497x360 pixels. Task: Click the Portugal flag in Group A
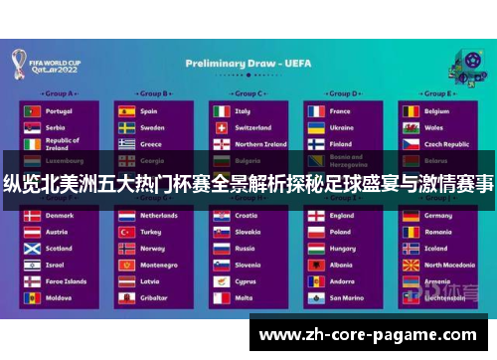coord(32,111)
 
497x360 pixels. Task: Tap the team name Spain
coord(149,111)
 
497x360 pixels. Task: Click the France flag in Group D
coord(315,111)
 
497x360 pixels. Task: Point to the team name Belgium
coord(437,111)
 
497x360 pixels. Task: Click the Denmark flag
coord(32,215)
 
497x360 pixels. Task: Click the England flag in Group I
coord(315,215)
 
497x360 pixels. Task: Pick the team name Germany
coord(438,215)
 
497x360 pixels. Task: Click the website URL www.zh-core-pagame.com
coord(367,334)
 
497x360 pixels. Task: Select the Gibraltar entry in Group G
coord(153,297)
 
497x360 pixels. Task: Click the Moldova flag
coord(32,297)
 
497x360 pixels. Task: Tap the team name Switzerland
coord(253,127)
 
